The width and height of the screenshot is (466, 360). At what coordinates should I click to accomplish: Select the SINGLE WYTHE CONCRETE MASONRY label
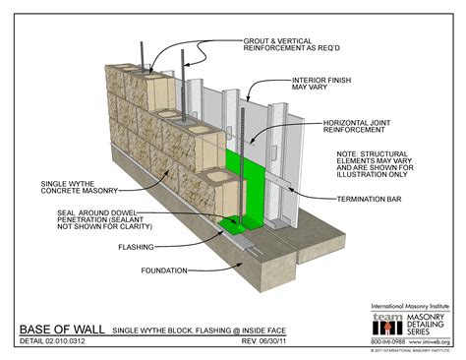(x=68, y=188)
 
